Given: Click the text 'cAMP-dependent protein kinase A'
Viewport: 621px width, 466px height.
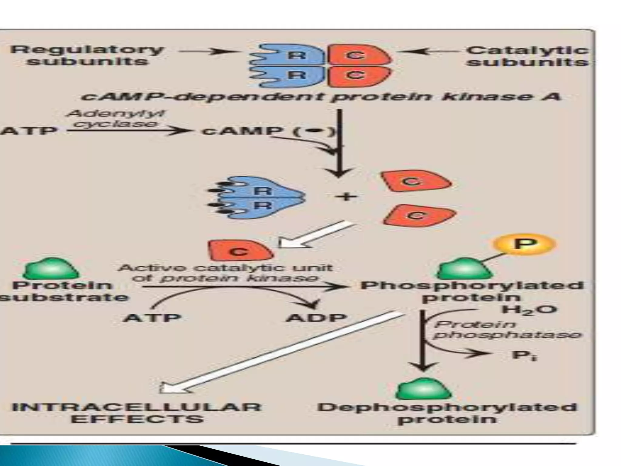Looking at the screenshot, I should click(x=320, y=97).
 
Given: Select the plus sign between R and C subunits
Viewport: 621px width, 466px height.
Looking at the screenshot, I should click(x=346, y=197).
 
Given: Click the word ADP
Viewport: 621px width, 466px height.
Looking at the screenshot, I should click(x=316, y=318).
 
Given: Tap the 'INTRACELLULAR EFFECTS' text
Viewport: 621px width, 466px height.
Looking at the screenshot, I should click(x=137, y=413).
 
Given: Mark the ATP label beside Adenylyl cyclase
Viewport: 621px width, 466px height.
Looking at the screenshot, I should click(x=29, y=131).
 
